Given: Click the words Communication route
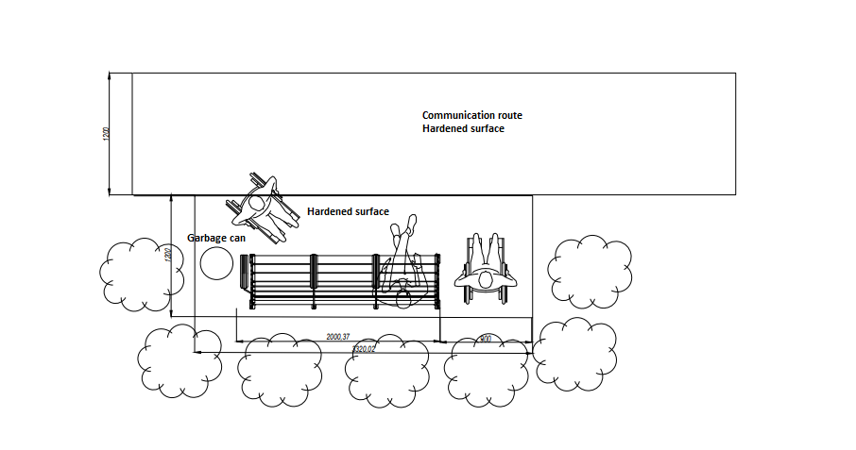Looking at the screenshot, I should click(471, 115).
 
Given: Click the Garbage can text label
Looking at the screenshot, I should click(216, 238).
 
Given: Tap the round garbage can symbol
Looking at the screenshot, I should click(217, 264).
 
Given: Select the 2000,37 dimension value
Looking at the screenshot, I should click(337, 337).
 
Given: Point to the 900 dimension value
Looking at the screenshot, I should click(485, 339).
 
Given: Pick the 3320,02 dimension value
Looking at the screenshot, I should click(363, 349).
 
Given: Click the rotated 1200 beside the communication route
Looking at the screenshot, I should click(106, 134).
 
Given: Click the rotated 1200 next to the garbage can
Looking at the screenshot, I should click(166, 256).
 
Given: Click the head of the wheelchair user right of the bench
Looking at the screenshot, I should click(486, 279).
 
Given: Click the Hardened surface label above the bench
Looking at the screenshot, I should click(348, 212).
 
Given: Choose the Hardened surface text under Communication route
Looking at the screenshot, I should click(463, 128).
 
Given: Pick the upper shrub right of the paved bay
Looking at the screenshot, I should click(591, 272).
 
